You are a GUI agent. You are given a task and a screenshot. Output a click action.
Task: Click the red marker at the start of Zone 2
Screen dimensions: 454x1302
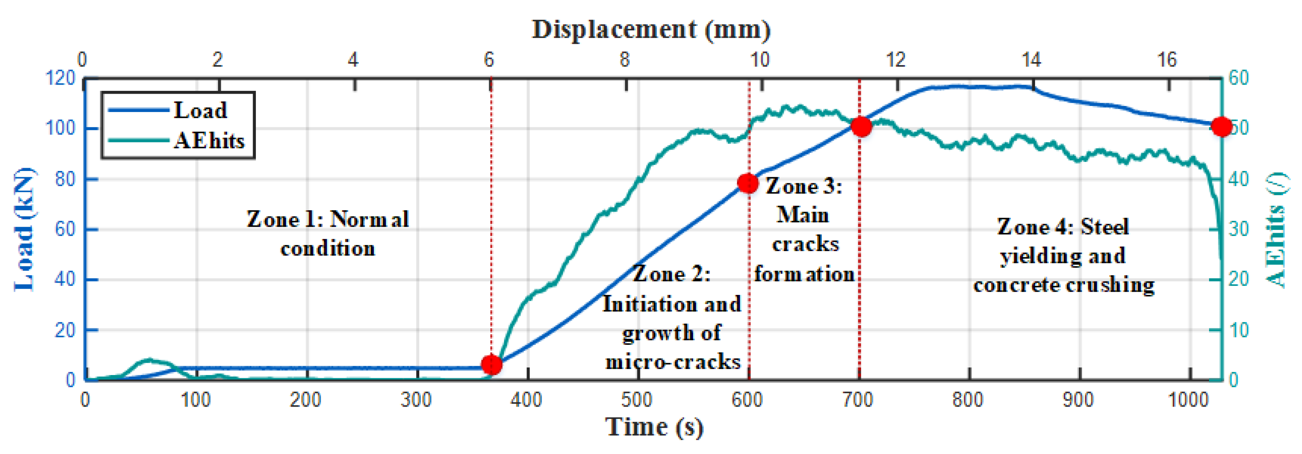491,364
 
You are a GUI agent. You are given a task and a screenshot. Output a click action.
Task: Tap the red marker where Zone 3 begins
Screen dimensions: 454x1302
748,183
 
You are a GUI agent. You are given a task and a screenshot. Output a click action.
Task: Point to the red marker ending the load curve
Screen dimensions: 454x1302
1222,126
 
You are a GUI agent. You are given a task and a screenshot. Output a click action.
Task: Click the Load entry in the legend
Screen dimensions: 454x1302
200,110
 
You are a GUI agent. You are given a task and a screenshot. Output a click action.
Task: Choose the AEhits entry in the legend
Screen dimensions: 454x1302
209,140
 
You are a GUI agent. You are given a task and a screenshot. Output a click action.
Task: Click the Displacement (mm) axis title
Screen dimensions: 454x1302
651,29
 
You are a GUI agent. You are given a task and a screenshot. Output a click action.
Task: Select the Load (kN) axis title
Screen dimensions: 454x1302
24,230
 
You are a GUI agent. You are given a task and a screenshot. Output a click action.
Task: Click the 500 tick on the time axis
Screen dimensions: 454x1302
637,400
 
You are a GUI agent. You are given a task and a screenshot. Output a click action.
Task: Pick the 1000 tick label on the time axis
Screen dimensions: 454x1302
1188,400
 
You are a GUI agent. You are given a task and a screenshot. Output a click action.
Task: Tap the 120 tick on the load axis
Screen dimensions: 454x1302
60,78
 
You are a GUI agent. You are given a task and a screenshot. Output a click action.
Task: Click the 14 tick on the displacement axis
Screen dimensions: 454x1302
1032,60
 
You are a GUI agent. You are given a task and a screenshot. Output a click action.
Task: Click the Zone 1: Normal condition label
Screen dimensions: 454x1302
328,233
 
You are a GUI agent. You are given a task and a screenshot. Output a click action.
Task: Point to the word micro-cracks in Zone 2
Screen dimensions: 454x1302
673,362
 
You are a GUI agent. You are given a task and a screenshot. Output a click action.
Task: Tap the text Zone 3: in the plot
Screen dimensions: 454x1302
804,187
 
